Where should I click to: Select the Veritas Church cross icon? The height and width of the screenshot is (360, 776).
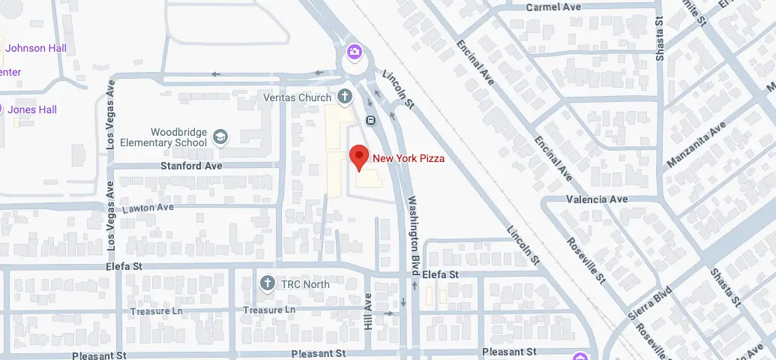coord(344,96)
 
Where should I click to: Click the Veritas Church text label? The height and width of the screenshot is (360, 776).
coord(298,98)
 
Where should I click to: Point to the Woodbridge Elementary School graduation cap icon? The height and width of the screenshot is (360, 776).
coord(220,136)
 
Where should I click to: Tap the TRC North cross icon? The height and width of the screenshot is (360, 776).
coord(266,283)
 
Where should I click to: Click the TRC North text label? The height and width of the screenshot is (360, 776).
coord(305,284)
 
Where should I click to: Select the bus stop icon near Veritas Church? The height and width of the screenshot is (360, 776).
coord(370,120)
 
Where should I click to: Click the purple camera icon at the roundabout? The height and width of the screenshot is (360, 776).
coord(353,52)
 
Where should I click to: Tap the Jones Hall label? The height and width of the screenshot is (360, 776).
coord(32,109)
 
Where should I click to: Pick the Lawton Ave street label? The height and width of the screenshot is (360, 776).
coord(148,207)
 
